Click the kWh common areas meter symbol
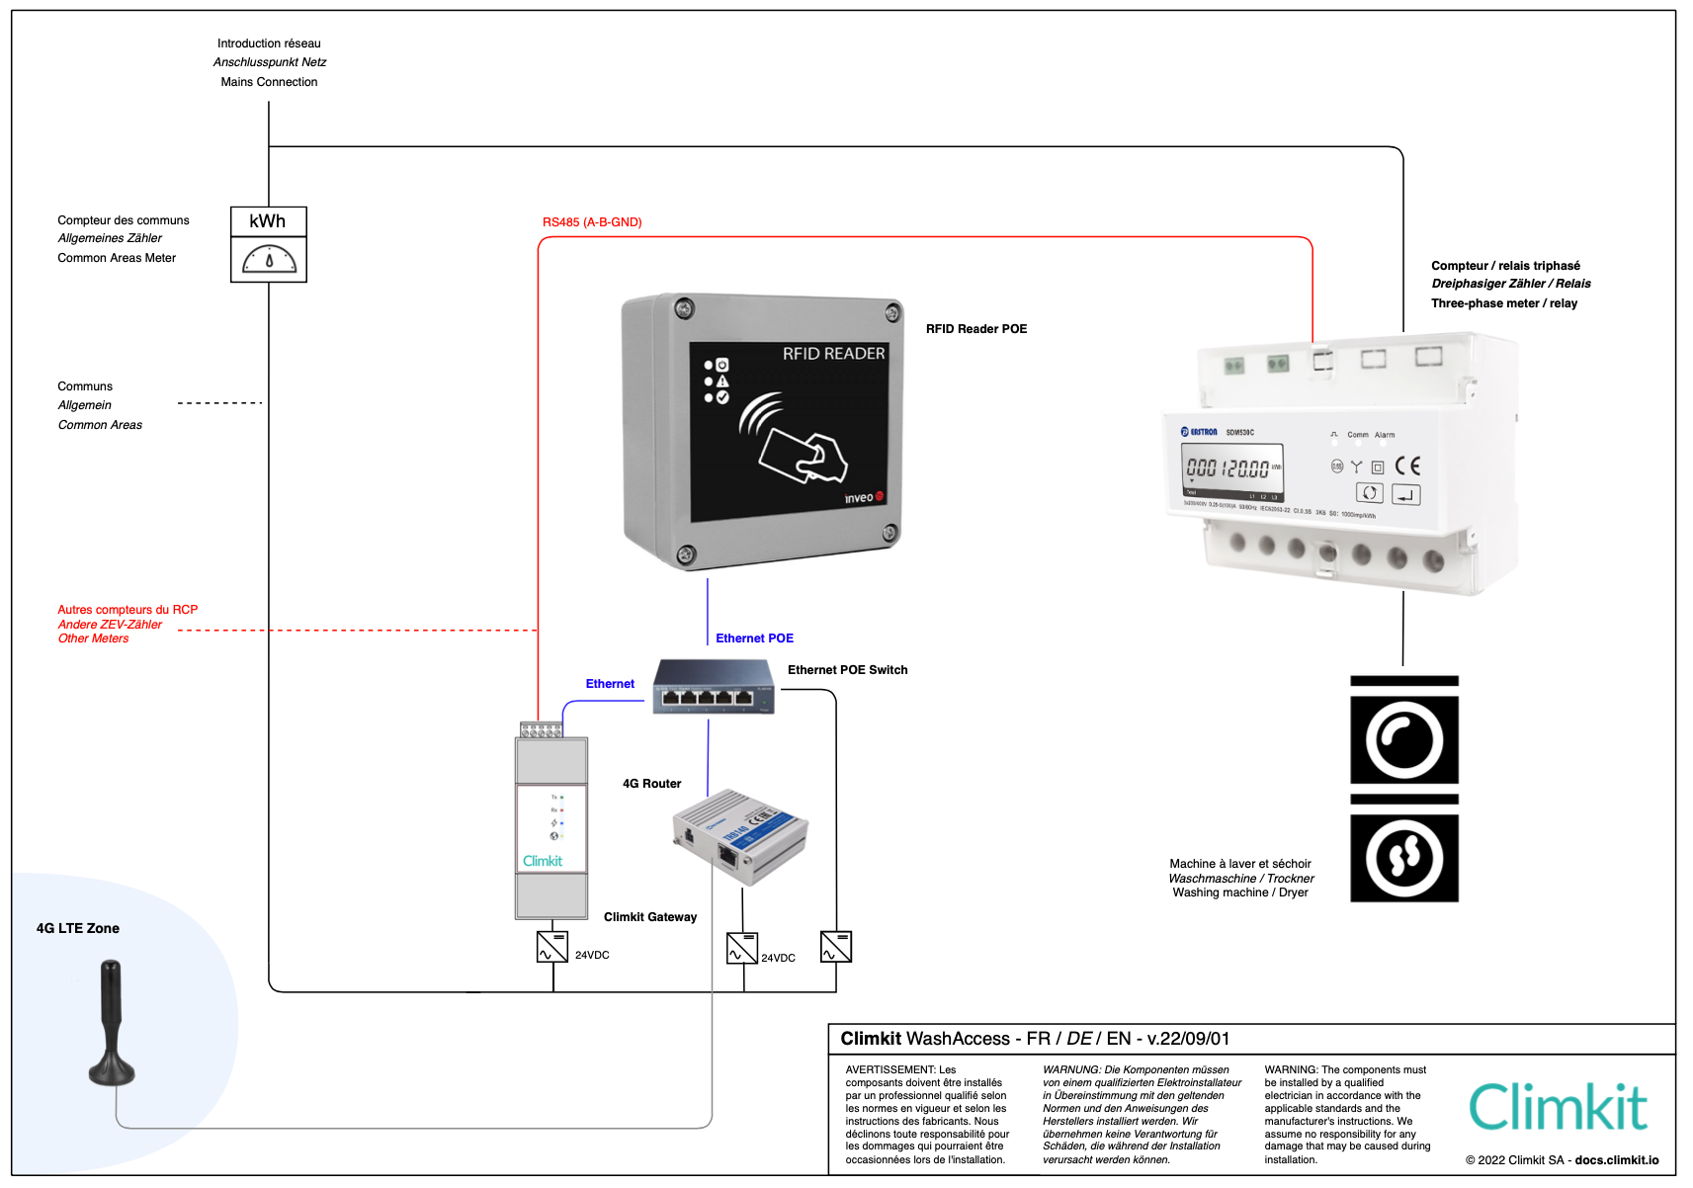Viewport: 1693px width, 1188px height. point(268,244)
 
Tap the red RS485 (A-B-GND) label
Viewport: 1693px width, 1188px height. point(591,222)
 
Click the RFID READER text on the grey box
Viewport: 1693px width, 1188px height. point(833,354)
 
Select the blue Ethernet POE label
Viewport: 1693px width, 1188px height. point(754,638)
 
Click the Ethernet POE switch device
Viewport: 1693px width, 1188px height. point(713,687)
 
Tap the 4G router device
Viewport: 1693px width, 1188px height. point(740,835)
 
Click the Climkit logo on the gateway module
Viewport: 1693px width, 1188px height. point(542,861)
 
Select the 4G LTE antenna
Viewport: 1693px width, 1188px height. point(111,1023)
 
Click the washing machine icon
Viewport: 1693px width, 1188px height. point(1403,740)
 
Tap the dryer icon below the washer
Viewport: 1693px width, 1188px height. point(1403,858)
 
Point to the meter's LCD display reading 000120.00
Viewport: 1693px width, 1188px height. point(1231,468)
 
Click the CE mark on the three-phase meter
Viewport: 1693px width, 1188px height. point(1407,466)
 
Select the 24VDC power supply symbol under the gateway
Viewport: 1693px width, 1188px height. point(551,947)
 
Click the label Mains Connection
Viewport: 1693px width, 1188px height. point(269,82)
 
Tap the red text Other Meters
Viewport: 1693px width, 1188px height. point(93,638)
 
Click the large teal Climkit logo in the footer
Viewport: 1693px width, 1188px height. point(1558,1107)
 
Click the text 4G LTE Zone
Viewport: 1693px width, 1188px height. point(78,928)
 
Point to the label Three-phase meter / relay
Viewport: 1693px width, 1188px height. point(1503,303)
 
